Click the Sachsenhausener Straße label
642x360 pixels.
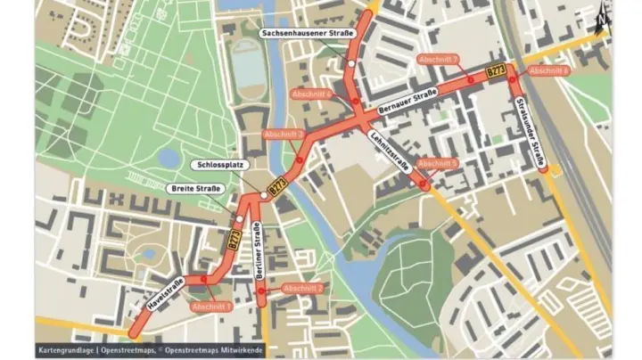click(302, 33)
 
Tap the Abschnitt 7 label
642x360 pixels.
click(438, 60)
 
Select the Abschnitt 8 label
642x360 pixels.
click(547, 70)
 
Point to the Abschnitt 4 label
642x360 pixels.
click(311, 94)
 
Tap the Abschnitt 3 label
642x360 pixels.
click(285, 135)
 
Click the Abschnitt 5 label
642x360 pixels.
click(438, 164)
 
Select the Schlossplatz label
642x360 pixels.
click(213, 166)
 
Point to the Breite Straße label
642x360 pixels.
click(195, 188)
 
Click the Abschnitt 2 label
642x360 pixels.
click(302, 288)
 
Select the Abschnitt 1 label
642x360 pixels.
click(211, 307)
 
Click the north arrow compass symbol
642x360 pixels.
click(604, 15)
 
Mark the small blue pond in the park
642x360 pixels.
click(169, 159)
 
